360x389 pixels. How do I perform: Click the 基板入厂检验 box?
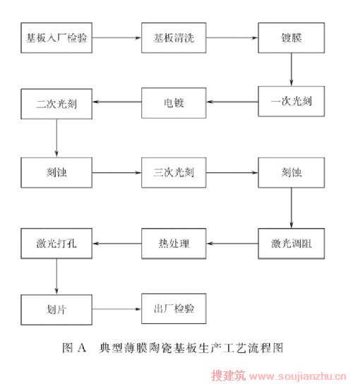click(x=56, y=38)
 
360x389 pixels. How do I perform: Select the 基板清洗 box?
click(x=174, y=38)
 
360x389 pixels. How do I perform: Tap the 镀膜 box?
click(x=292, y=38)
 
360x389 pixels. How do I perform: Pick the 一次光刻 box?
click(x=292, y=101)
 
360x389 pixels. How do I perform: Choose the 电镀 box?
click(x=174, y=102)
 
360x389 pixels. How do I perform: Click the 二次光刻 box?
click(x=56, y=104)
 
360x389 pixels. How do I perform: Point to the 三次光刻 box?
click(x=174, y=172)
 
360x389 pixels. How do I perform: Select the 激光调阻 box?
click(x=292, y=244)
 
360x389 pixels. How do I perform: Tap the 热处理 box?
click(x=174, y=244)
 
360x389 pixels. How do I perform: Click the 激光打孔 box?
click(x=56, y=244)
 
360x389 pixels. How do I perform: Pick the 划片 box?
click(x=56, y=310)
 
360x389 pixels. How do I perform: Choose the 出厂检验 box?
click(x=174, y=309)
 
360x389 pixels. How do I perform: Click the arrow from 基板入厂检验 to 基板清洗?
click(x=117, y=38)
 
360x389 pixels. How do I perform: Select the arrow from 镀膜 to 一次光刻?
click(x=292, y=69)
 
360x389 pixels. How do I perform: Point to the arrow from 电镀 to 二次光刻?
click(x=117, y=102)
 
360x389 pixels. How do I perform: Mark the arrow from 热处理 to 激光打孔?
click(x=117, y=244)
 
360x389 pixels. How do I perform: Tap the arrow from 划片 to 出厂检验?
click(x=117, y=309)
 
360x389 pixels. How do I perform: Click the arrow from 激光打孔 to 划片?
click(x=56, y=277)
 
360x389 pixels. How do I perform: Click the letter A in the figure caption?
click(x=82, y=348)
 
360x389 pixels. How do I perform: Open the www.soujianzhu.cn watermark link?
click(x=297, y=376)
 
